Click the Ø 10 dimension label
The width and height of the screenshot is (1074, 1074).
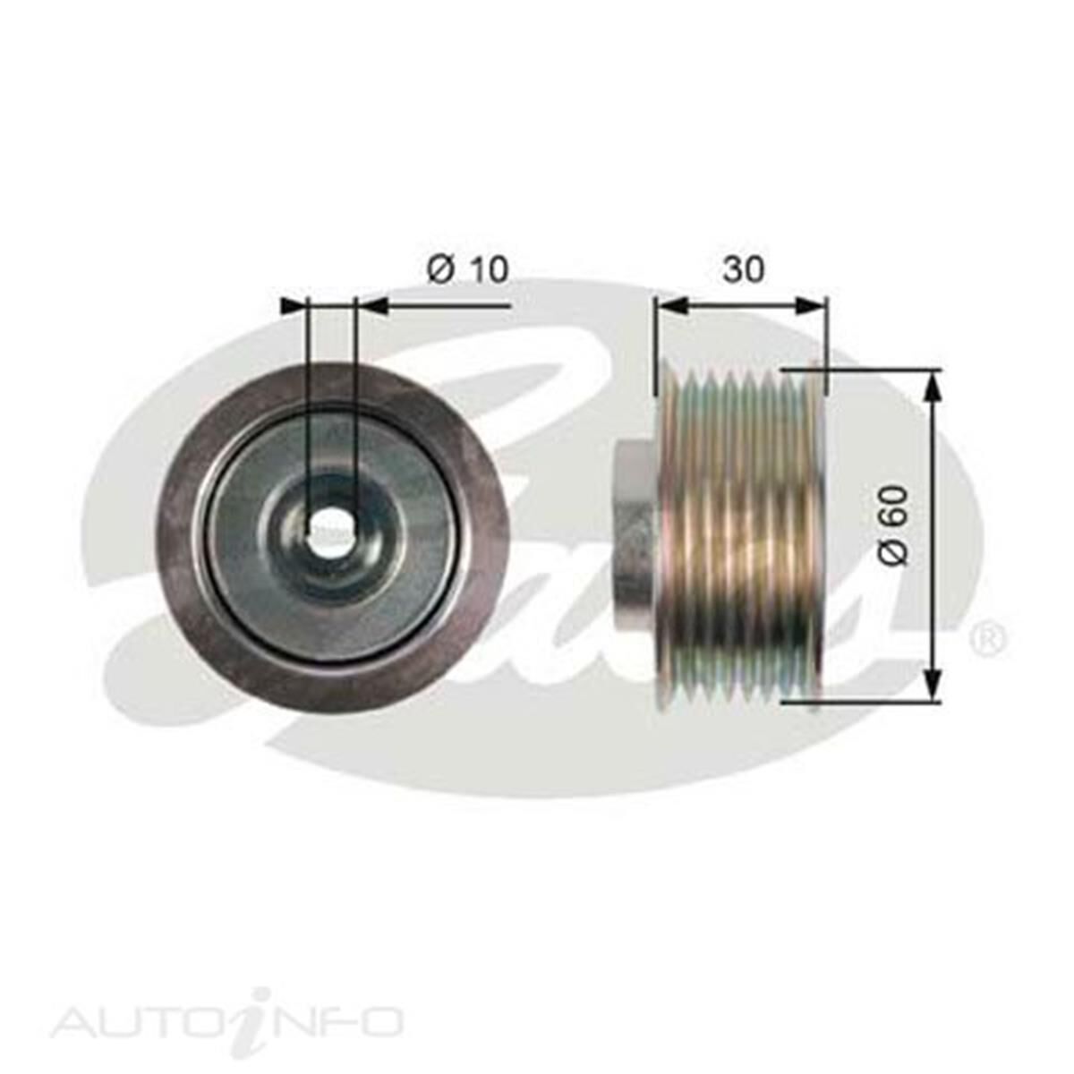pos(467,268)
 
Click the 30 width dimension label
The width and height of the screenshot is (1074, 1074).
pos(744,268)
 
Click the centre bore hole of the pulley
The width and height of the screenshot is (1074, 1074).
pos(331,533)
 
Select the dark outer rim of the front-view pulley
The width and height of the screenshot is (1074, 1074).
pos(179,537)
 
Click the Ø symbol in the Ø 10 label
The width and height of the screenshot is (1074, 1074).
pos(439,268)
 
